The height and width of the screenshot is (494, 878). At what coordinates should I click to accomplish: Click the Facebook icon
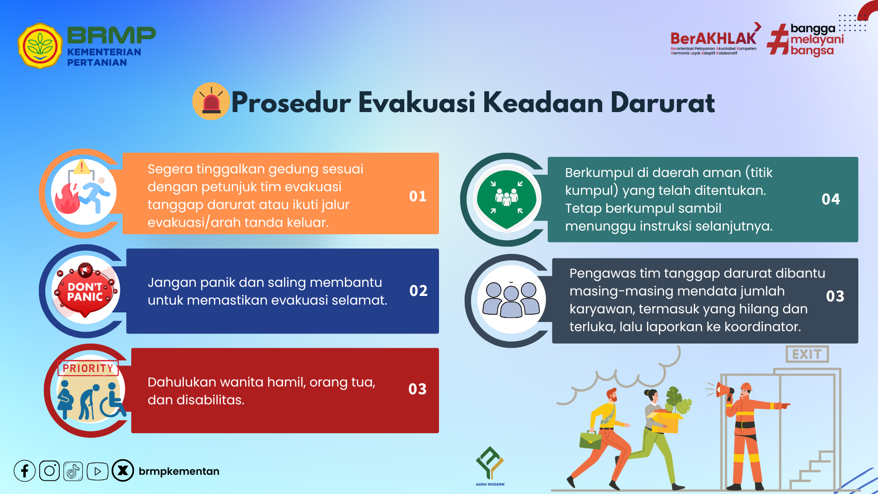pos(25,471)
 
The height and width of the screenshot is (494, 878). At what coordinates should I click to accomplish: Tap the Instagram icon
pos(49,471)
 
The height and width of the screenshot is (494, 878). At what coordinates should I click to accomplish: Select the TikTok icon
pos(73,471)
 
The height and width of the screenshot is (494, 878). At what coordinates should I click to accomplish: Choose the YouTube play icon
pos(97,471)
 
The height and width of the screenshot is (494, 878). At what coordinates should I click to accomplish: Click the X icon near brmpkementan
pos(123,471)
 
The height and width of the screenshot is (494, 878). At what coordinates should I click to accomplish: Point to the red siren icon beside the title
pos(211,101)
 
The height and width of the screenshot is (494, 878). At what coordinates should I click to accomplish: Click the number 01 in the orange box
pos(418,196)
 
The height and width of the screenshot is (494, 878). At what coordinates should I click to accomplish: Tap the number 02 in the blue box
pos(418,290)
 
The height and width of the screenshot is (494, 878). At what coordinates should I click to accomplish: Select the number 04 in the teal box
pos(831,199)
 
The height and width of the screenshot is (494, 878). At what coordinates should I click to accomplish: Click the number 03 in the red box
pos(418,389)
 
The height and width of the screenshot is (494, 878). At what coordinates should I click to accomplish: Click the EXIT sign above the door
pos(807,354)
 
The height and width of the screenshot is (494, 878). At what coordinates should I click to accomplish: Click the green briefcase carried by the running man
pos(590,440)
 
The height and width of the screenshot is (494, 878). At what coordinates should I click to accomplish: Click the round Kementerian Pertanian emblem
pos(40,46)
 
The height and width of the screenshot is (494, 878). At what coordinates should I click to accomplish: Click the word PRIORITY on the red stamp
pos(88,368)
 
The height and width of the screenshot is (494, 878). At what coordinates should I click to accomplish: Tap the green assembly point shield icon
pos(507,199)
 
